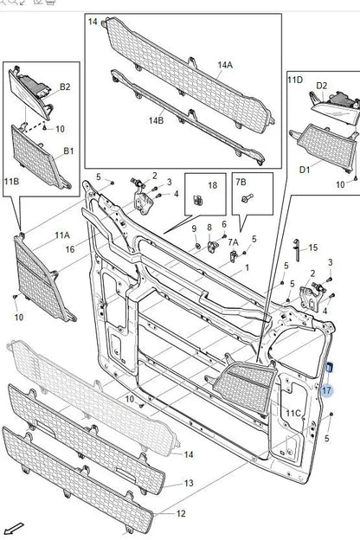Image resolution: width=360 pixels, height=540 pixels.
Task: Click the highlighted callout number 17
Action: [326, 390]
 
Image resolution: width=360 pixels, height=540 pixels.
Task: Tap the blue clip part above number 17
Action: [329, 368]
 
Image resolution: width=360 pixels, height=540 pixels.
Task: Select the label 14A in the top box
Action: [225, 65]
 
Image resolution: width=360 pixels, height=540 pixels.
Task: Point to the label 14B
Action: [156, 120]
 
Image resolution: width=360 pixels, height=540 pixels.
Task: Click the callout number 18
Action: [213, 185]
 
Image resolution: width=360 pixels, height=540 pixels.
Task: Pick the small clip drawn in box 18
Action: [198, 200]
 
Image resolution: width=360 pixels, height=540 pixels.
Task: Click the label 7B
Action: [241, 182]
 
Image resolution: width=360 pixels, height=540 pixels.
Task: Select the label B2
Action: [65, 87]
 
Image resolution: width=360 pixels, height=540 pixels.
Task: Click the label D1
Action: [305, 170]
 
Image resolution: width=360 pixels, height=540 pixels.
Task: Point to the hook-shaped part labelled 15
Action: [297, 250]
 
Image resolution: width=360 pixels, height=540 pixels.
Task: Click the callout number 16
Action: [70, 248]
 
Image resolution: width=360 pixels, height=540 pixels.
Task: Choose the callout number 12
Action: [181, 513]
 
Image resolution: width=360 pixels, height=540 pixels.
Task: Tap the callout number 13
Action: [189, 483]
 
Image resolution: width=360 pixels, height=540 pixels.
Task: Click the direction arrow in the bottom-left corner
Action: [15, 528]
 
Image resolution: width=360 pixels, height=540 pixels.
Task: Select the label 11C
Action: [293, 413]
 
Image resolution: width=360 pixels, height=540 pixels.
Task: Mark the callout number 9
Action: [194, 228]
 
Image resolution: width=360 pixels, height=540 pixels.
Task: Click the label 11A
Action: [62, 235]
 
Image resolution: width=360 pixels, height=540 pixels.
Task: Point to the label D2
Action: [322, 86]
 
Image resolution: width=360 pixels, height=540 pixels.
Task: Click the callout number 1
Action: [247, 267]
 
